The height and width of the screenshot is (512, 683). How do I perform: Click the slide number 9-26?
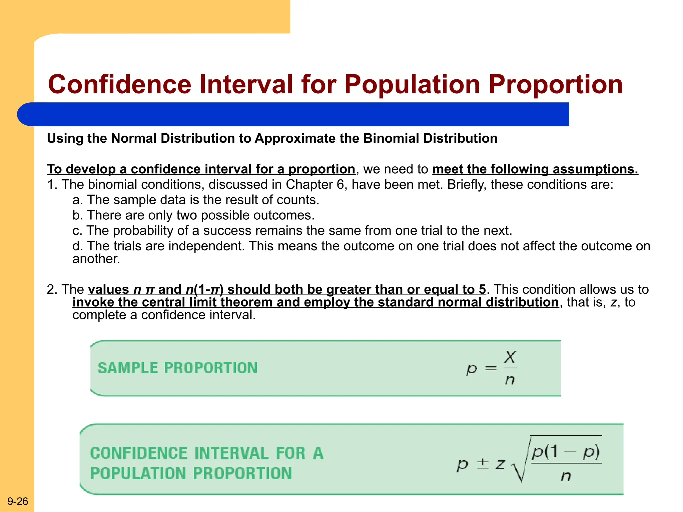click(18, 501)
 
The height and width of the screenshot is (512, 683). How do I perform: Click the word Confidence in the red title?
click(119, 84)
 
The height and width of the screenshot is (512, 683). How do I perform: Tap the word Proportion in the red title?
click(555, 84)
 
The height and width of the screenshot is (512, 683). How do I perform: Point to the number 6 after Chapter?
click(340, 184)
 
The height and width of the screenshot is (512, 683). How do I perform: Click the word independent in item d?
click(206, 246)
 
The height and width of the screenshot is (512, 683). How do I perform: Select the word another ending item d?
click(96, 259)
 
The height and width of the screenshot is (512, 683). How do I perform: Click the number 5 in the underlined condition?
click(482, 289)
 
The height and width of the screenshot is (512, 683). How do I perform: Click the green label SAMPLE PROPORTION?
click(177, 368)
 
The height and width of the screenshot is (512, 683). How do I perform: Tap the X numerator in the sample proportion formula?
click(510, 357)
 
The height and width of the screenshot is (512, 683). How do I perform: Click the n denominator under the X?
click(510, 380)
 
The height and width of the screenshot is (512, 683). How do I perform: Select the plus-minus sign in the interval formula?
click(483, 464)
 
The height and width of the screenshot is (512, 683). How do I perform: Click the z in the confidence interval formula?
click(500, 464)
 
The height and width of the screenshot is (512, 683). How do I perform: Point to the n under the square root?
click(566, 476)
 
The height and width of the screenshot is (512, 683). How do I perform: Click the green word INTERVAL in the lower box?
click(231, 453)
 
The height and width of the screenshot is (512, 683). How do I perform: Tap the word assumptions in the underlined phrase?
click(595, 169)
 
